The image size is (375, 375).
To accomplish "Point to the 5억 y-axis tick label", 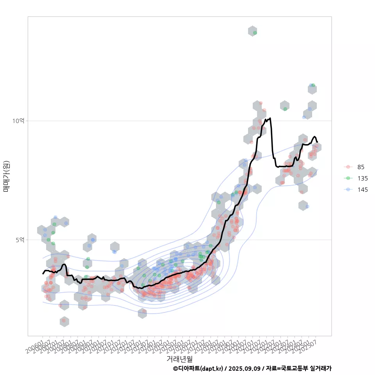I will (20, 239).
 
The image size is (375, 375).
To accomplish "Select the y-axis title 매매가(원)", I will (7, 176).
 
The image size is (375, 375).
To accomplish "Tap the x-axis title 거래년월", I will (179, 359).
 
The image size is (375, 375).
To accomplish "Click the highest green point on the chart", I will (255, 33).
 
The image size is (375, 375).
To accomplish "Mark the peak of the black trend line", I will (270, 118).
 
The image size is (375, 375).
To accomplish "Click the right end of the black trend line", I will (317, 142).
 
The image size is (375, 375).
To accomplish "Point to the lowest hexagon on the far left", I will (64, 321).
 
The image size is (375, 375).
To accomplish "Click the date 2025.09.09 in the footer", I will (245, 368).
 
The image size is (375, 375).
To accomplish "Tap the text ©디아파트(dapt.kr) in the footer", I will (198, 368).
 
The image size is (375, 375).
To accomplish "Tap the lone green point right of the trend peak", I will (285, 109).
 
